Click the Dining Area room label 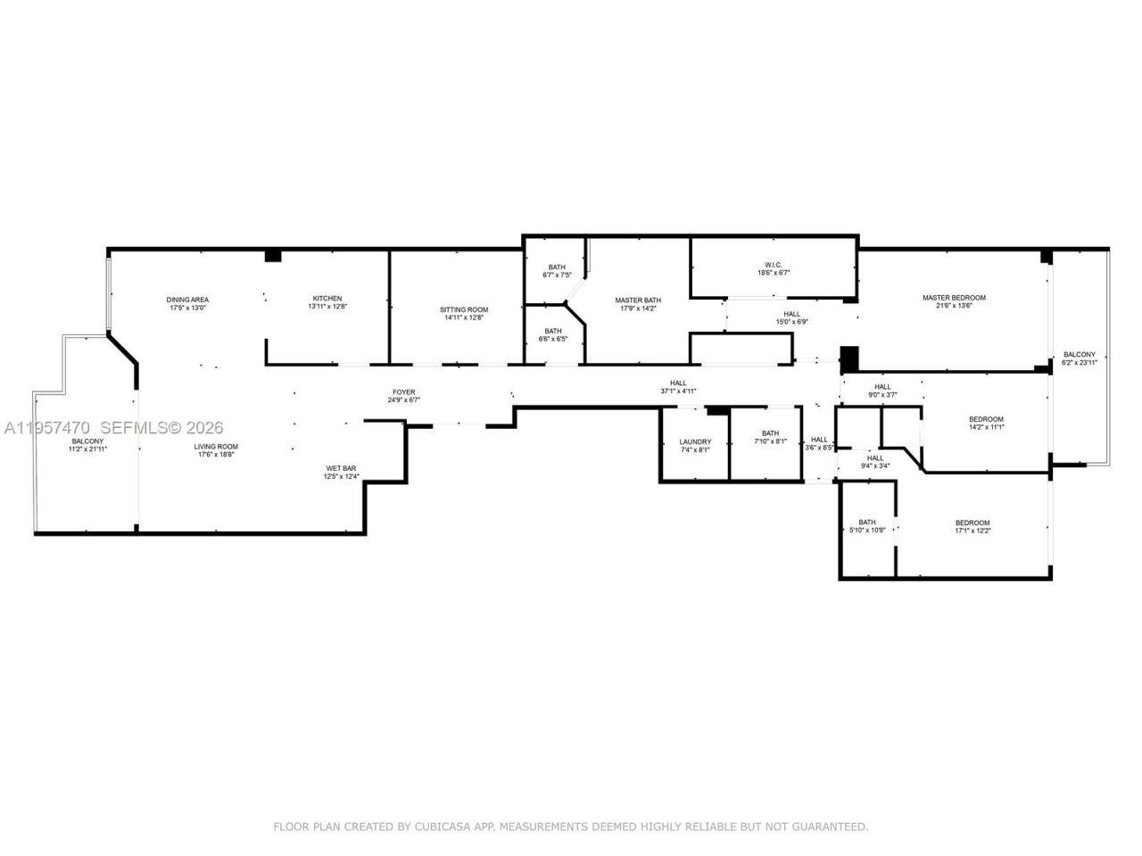click(x=187, y=300)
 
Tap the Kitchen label click(x=327, y=299)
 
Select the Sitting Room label click(x=464, y=309)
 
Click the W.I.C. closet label click(x=773, y=265)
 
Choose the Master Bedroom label click(x=954, y=298)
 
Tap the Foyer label click(x=403, y=392)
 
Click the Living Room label click(x=216, y=447)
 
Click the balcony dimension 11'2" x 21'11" click(x=87, y=449)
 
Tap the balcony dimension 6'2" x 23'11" click(x=1080, y=363)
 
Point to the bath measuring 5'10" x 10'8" click(x=867, y=531)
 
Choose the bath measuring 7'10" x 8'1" click(x=769, y=441)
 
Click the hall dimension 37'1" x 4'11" click(x=678, y=391)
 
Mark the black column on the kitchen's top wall click(x=273, y=256)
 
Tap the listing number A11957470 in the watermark click(x=46, y=429)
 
